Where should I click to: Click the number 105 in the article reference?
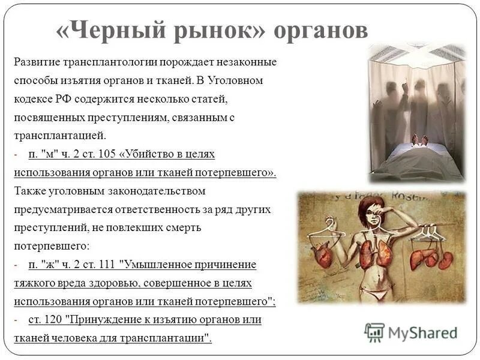coord(107,154)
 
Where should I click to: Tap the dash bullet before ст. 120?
coord(16,320)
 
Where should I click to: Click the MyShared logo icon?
coord(374,332)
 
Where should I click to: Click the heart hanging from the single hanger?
coord(324,256)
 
